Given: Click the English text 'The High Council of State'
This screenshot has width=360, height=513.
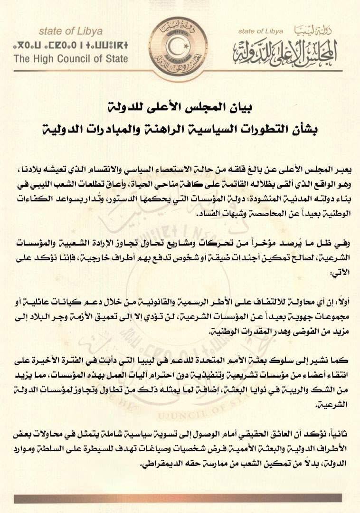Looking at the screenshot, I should point(71,59).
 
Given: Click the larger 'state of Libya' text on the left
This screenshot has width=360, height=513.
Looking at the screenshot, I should point(71,31).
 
